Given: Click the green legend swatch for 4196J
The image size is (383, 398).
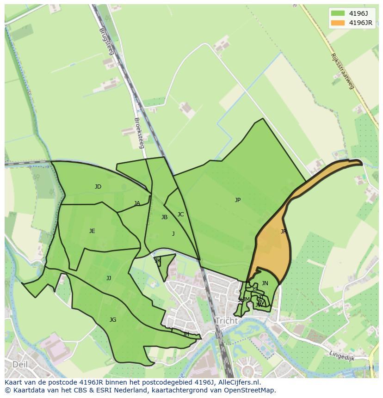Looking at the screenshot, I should (337, 13).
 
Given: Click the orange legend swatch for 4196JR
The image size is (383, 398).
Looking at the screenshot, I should (337, 23).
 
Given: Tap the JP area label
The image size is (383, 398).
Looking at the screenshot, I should (237, 200).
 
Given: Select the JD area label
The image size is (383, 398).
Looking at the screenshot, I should (98, 187).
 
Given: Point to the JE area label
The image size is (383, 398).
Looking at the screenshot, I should (92, 231).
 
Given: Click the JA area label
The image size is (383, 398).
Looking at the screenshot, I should (137, 203).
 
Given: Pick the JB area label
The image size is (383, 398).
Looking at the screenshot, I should (164, 217).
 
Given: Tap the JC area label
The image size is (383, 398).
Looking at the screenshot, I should (180, 214).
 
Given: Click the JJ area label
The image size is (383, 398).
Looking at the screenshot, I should (109, 278).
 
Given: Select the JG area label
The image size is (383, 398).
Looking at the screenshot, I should (113, 320).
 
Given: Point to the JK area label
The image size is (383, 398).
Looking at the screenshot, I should (158, 261).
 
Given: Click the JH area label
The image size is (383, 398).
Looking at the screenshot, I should (186, 334).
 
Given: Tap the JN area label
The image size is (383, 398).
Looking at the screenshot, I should (265, 283).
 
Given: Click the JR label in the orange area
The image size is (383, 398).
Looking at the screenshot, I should (283, 232).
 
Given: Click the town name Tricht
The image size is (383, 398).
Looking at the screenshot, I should (226, 321).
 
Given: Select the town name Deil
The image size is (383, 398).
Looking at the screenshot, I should (20, 364).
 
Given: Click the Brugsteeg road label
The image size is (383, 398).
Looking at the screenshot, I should (106, 42).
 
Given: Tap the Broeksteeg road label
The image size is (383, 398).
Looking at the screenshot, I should (139, 132).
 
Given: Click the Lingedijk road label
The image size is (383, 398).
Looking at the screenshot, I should (342, 355).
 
